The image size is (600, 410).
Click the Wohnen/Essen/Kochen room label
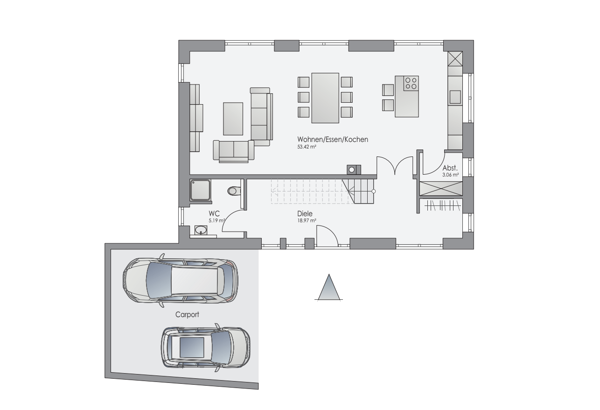[332, 140]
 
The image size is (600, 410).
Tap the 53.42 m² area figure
[307, 147]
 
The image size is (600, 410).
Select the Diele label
[305, 214]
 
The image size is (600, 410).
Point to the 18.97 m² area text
[307, 221]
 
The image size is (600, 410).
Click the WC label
[214, 214]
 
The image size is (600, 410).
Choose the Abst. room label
[450, 168]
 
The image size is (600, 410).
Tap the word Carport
[187, 315]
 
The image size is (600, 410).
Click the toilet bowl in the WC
[234, 191]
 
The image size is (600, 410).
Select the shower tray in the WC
[200, 190]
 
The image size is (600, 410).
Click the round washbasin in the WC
[201, 230]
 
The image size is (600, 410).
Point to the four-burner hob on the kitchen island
[411, 83]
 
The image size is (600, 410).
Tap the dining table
[325, 98]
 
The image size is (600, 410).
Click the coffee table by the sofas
[233, 119]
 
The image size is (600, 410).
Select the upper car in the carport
[181, 281]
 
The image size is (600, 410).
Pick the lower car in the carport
[206, 347]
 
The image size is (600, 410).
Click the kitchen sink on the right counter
[455, 97]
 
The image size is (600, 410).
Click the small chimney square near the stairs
[354, 170]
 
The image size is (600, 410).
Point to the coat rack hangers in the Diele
[442, 206]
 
